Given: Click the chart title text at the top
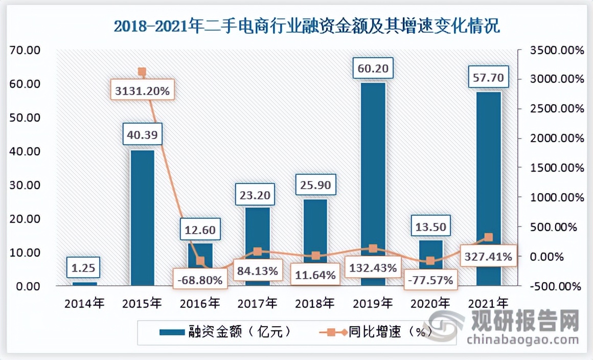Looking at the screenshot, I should coord(306,26).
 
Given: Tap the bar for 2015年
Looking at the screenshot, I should coord(142,217).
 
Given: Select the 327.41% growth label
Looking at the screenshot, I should coord(488,257).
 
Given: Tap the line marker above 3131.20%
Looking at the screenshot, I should coord(142,72).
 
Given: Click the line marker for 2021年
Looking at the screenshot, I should coord(488,237).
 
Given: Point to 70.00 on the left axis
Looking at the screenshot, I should coord(25,50).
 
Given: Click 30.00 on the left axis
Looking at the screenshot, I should coord(25,185).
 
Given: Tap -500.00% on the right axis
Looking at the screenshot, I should coord(557,286).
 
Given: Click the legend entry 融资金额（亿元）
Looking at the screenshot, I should coord(225,331).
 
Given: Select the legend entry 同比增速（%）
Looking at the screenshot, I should coord(378,331).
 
